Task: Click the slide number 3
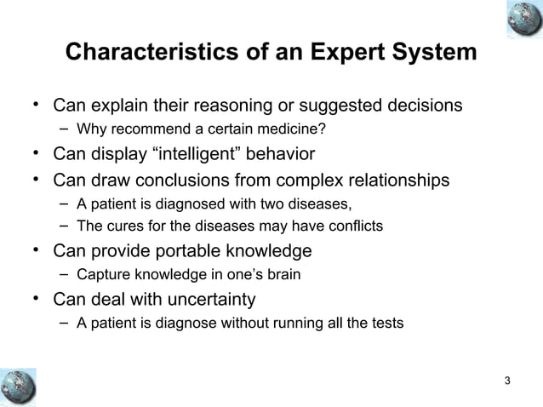(508, 380)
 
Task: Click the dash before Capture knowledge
(65, 275)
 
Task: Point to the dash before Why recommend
(65, 130)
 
